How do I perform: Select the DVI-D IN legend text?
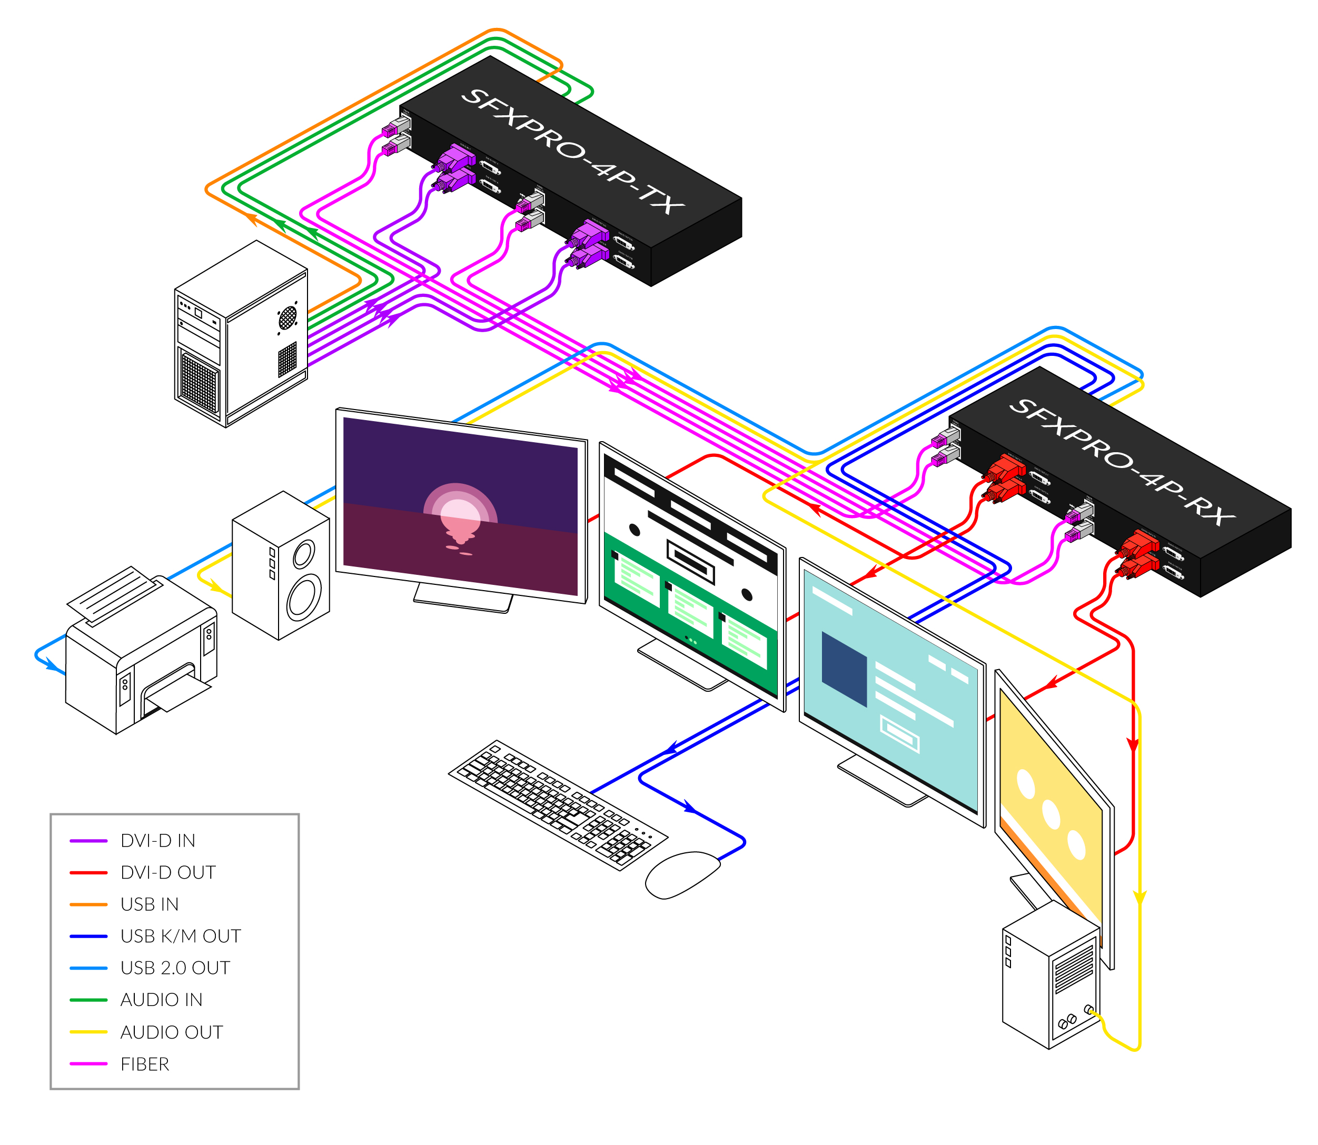click(x=158, y=841)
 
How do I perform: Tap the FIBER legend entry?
click(x=145, y=1064)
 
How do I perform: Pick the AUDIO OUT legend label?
click(x=171, y=1032)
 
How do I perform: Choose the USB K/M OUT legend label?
click(x=180, y=937)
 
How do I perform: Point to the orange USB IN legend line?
click(x=88, y=905)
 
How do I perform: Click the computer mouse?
click(x=681, y=873)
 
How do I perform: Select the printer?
click(x=141, y=658)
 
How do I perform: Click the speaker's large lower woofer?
click(x=304, y=598)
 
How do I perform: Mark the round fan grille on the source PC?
click(x=288, y=316)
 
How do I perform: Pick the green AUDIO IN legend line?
click(x=88, y=1000)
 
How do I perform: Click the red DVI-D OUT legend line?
click(x=88, y=873)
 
